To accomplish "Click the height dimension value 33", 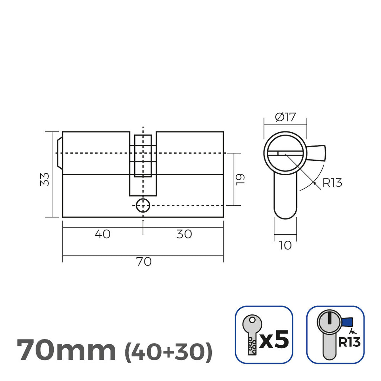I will [x=46, y=179].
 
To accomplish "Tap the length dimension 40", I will [x=103, y=234].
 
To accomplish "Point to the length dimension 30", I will [x=184, y=234].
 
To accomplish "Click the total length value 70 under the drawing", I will [x=144, y=262].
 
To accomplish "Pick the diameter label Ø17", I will [x=285, y=117].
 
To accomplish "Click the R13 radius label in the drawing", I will [x=332, y=183].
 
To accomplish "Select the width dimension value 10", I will [x=285, y=245].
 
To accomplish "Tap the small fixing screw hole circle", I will [x=143, y=206].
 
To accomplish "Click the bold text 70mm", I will [x=66, y=351].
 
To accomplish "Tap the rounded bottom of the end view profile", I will [x=285, y=213].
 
